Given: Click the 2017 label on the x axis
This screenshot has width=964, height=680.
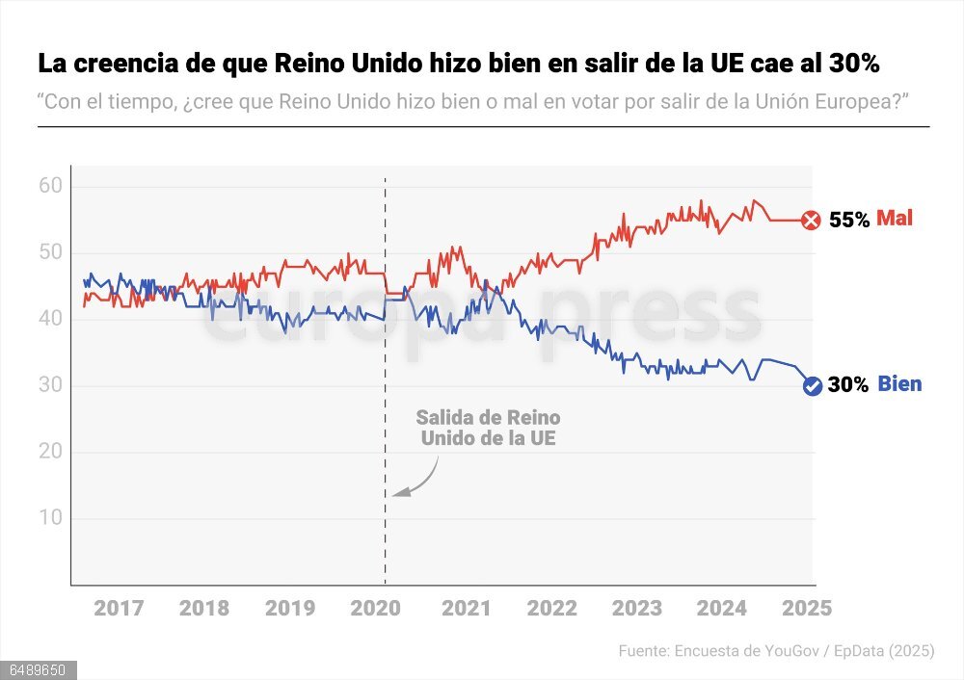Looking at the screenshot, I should coord(120,608).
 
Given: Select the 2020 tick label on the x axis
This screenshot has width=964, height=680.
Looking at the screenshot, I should coord(376,608).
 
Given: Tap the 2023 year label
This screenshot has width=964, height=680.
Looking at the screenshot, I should coord(637,608).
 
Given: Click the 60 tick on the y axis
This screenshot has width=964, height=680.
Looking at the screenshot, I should coord(50,185).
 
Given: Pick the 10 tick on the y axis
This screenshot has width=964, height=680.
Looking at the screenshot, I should coord(50,518).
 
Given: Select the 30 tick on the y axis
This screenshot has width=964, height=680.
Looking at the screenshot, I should coord(50,385).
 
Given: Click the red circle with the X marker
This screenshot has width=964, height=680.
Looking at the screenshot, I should coord(812,221).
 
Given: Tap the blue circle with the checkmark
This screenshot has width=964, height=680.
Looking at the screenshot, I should coord(813,386).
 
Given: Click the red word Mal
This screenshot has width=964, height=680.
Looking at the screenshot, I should coord(894,219).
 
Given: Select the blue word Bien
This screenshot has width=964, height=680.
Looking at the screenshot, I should coord(899,384).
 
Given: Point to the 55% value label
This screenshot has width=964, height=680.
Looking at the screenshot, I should coord(849,220).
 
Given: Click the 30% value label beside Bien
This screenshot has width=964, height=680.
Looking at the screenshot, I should coord(848,385).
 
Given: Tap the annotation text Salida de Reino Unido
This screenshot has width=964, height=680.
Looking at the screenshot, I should coord(488,428).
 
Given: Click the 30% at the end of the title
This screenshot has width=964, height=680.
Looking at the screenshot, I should coord(851,65).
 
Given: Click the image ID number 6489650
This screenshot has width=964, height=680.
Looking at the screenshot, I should coord(38,669).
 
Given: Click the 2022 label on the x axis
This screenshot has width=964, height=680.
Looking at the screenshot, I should coord(551,608).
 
